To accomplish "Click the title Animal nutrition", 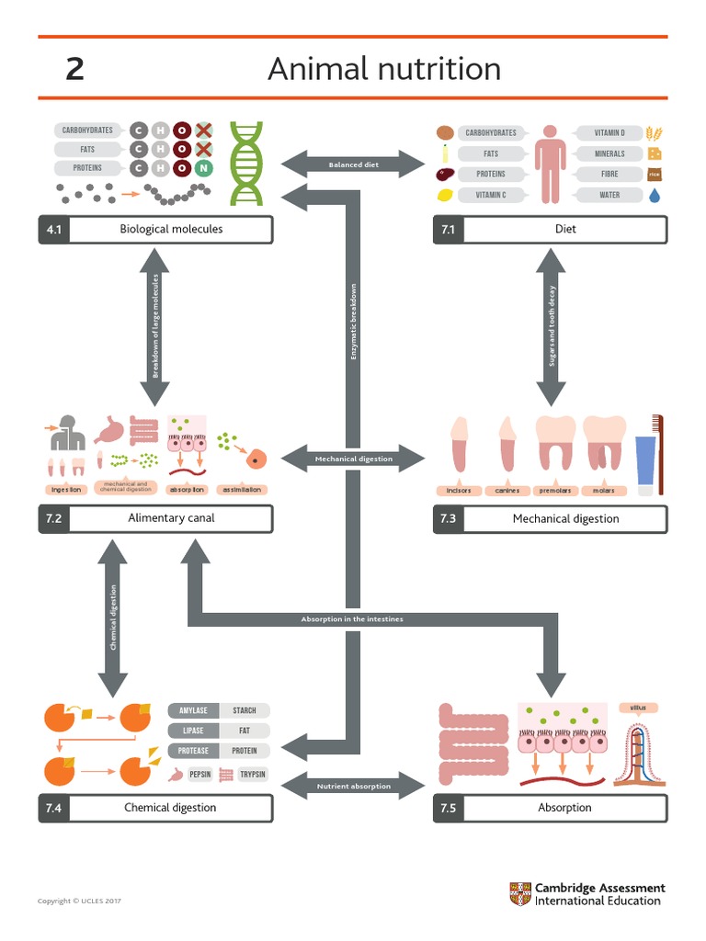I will point(383,69).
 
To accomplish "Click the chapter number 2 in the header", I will point(74,69).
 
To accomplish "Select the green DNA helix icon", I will point(246,164).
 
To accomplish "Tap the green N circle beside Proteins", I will point(203,168).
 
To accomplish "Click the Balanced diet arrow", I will point(353,165).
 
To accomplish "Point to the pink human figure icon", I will point(551,164).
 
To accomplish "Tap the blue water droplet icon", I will point(655,195).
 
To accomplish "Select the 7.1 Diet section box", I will point(550,229).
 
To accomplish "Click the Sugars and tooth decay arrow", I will point(552,326).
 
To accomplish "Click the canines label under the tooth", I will point(507,491).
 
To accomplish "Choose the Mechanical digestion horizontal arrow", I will point(353,459).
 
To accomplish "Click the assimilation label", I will point(242,490).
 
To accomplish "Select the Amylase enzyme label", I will point(193,710).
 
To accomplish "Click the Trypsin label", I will point(253,775).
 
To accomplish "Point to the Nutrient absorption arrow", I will point(353,787).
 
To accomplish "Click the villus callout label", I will point(638,708).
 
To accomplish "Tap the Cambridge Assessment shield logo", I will point(520,894).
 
